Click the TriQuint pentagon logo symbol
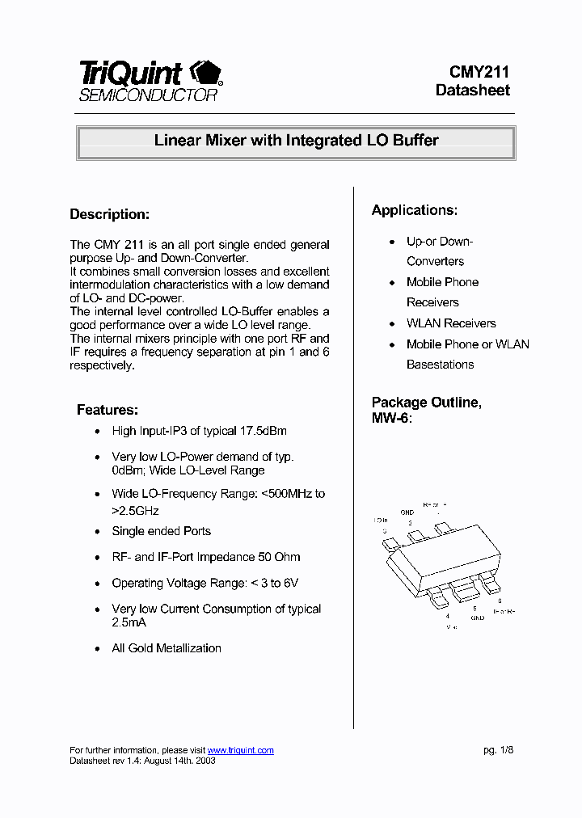click(x=205, y=74)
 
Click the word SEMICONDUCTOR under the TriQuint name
click(x=148, y=95)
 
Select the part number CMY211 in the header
click(x=479, y=72)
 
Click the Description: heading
click(x=110, y=215)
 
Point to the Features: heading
click(x=108, y=410)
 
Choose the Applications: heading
click(x=414, y=210)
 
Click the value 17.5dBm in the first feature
click(x=263, y=431)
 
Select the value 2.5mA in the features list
click(x=129, y=622)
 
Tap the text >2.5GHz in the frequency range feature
click(x=135, y=510)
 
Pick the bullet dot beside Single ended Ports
click(x=98, y=532)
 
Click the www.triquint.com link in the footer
click(x=240, y=750)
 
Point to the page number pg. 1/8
click(x=498, y=750)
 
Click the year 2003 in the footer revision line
click(x=205, y=761)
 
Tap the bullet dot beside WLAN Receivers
click(x=393, y=324)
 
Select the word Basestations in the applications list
click(x=440, y=365)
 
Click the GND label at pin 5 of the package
click(x=478, y=618)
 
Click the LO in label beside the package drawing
click(x=381, y=521)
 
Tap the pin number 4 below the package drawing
click(x=447, y=616)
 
